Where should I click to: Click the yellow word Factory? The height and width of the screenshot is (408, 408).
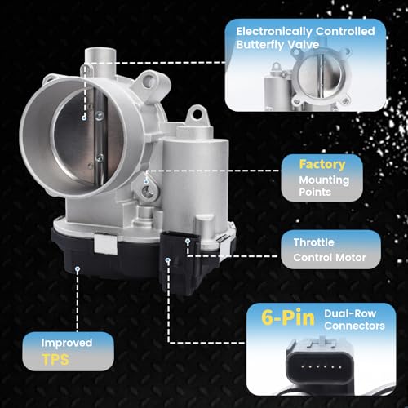click(x=322, y=164)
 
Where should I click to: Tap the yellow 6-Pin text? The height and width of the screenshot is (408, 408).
click(x=288, y=317)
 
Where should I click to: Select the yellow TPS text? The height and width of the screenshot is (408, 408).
click(x=55, y=360)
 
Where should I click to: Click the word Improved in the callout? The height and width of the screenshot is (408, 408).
click(x=67, y=343)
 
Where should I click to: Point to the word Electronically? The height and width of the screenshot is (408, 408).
click(x=274, y=32)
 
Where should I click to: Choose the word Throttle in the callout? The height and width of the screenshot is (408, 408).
click(x=313, y=242)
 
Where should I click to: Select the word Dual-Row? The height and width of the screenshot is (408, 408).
click(x=350, y=313)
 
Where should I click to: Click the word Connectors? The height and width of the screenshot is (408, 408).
click(x=354, y=326)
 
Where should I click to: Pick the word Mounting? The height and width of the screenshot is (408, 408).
click(x=324, y=180)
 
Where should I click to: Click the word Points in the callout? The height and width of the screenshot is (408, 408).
click(x=315, y=193)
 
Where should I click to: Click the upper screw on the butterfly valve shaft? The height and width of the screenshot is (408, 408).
click(x=100, y=116)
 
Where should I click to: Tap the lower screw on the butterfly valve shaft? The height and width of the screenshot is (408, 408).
click(x=100, y=157)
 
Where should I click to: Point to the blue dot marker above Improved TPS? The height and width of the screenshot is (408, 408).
click(x=78, y=269)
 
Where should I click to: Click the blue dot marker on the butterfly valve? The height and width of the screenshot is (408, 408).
click(x=84, y=118)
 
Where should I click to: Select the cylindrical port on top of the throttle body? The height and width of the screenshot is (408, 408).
click(x=100, y=59)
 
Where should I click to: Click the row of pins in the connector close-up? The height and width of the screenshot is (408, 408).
click(x=322, y=367)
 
